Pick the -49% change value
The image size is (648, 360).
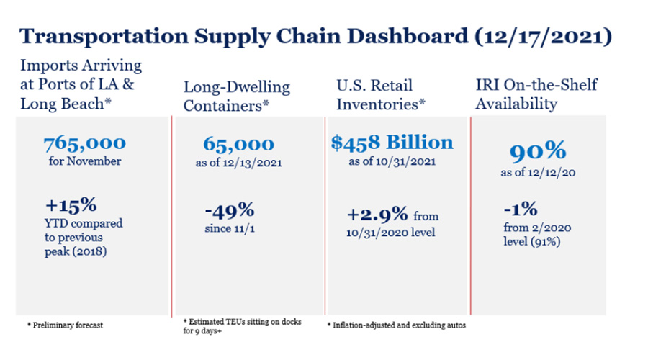[x=229, y=212]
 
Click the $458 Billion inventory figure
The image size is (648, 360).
[x=392, y=142]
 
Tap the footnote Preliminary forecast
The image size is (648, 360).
[x=66, y=325]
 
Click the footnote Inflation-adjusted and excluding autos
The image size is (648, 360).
[x=396, y=325]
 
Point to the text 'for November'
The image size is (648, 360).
[x=85, y=161]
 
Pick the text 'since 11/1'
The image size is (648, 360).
[x=228, y=230]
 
